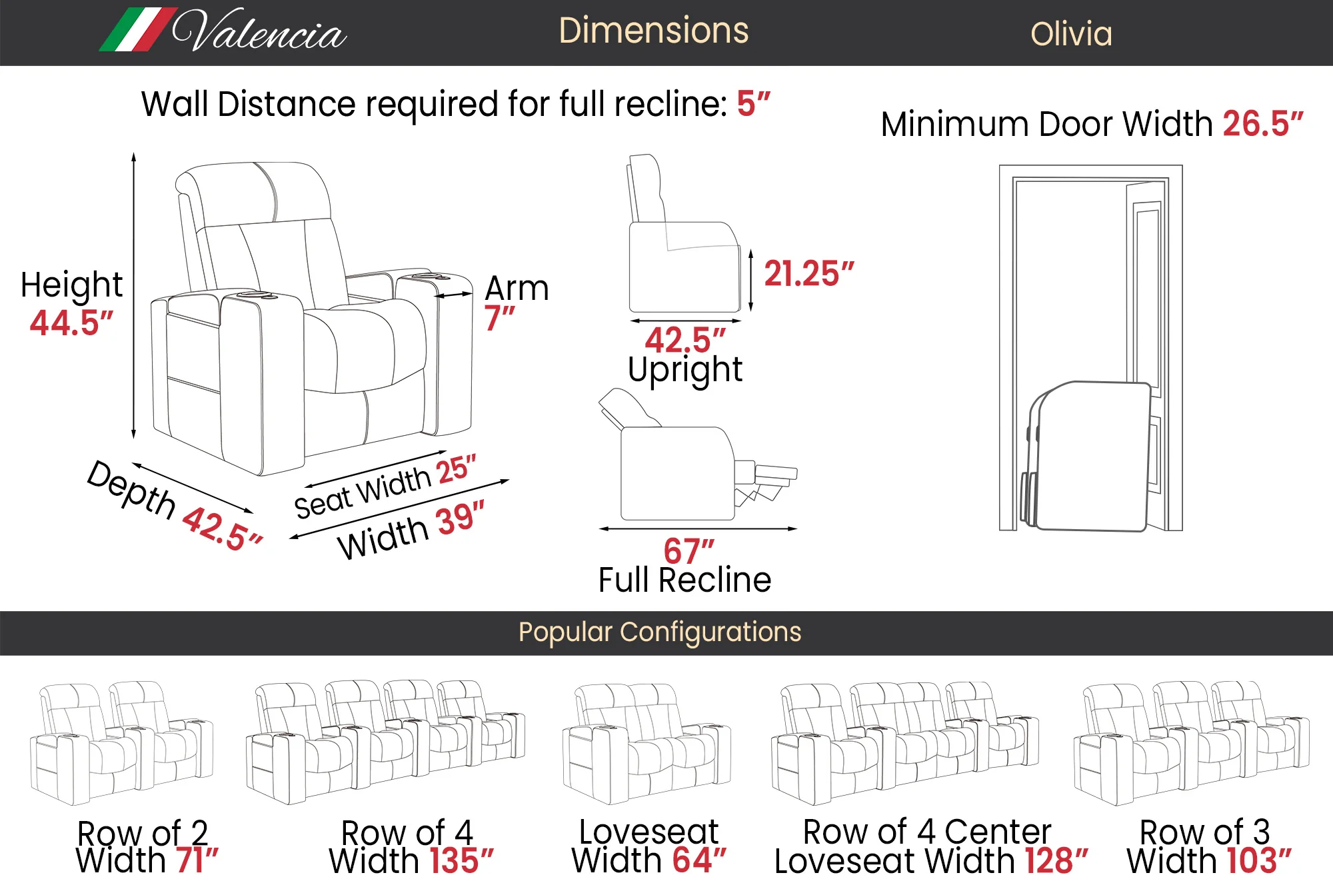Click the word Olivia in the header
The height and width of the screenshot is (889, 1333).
pos(1071,34)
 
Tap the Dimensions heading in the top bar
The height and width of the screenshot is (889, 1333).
pos(654,31)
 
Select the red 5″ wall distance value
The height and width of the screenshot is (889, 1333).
pos(753,104)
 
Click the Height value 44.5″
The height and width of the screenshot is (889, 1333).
pos(71,323)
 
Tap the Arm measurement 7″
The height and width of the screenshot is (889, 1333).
pos(499,318)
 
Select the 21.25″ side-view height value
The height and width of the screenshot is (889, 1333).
pos(809,274)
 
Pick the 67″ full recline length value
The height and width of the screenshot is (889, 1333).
pos(688,551)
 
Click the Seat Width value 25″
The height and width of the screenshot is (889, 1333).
pos(457,469)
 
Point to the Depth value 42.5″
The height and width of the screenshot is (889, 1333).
pos(223,529)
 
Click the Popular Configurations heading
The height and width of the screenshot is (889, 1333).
pos(660,632)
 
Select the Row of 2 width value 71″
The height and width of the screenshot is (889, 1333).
pos(197,860)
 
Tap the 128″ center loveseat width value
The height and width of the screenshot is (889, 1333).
pos(1056,860)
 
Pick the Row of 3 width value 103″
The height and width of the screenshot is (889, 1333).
pos(1259,860)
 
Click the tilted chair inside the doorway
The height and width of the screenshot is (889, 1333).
pos(1086,457)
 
